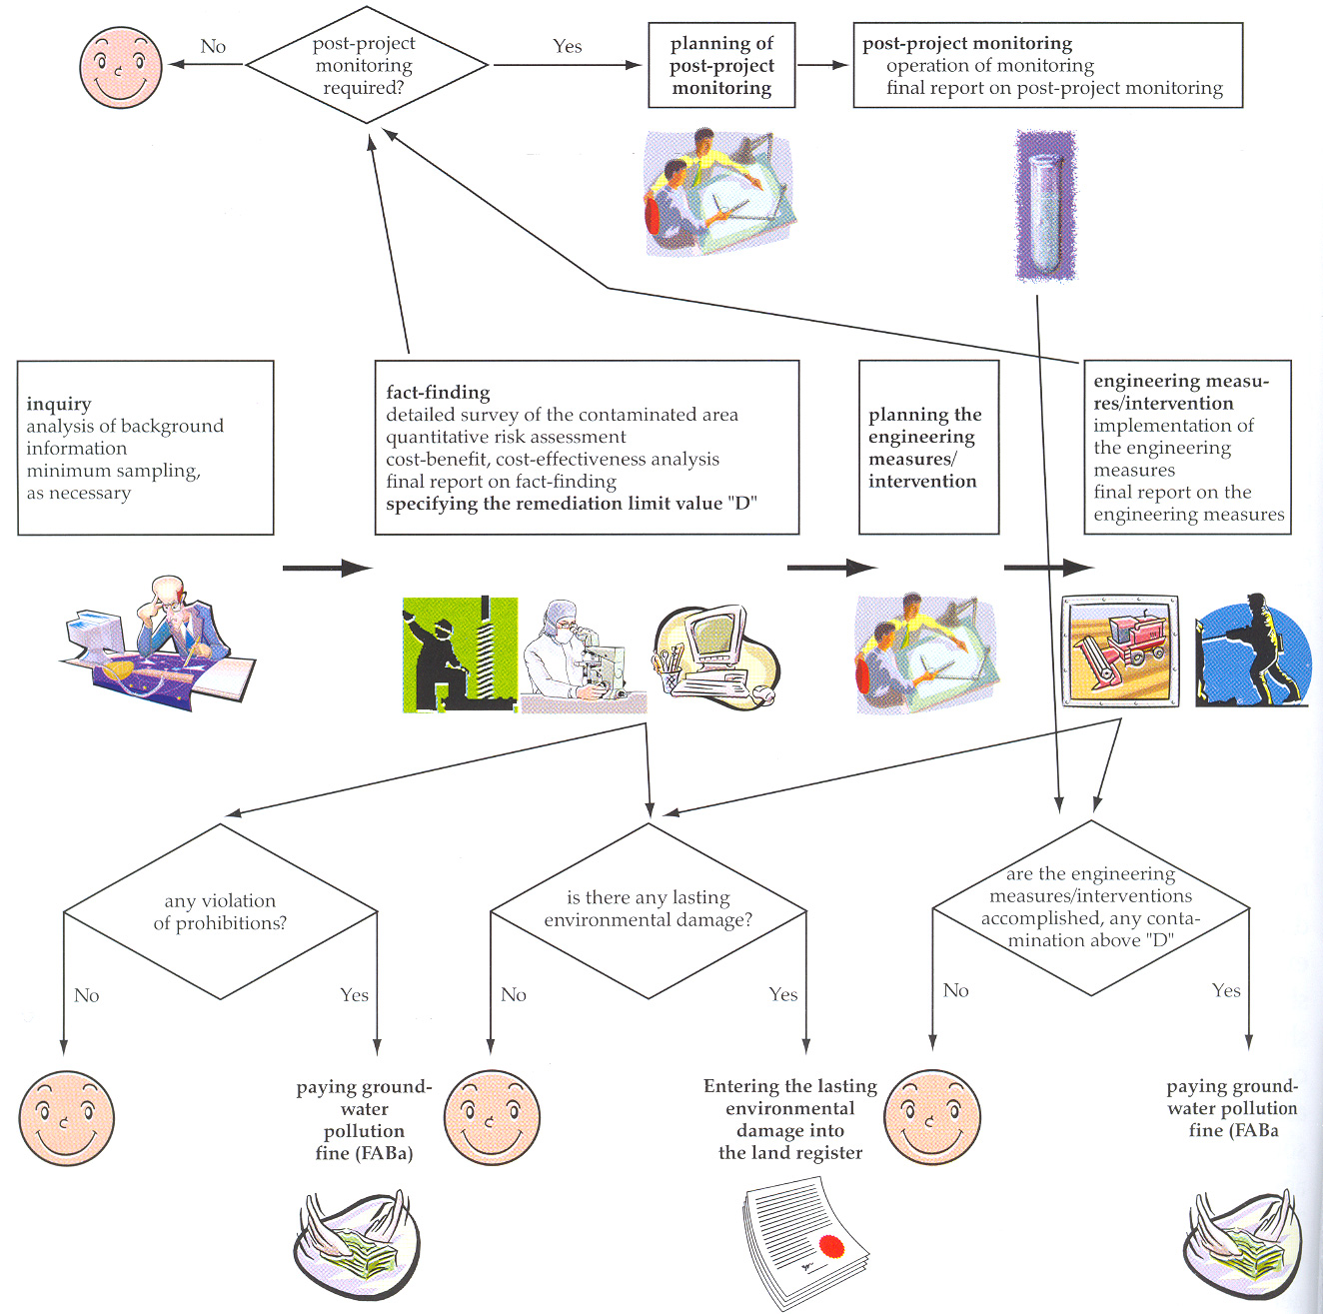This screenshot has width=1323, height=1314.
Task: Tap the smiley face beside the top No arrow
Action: pos(121,67)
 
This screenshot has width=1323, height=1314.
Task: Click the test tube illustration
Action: pos(1045,206)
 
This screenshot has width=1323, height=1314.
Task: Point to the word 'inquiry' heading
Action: pos(59,404)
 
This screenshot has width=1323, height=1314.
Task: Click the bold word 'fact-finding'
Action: pos(438,393)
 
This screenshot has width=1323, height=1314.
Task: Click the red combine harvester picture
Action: pos(1120,651)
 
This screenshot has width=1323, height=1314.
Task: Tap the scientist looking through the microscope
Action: pos(584,656)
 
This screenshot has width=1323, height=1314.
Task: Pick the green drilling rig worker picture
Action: pos(460,654)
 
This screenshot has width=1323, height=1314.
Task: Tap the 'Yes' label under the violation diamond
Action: pos(355,994)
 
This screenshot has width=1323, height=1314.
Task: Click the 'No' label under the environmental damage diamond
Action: pos(514,994)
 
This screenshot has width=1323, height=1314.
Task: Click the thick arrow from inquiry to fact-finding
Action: pos(327,568)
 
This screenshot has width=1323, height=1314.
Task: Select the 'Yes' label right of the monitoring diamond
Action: pos(568,46)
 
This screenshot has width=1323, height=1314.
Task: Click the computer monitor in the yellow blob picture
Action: pos(717,636)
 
